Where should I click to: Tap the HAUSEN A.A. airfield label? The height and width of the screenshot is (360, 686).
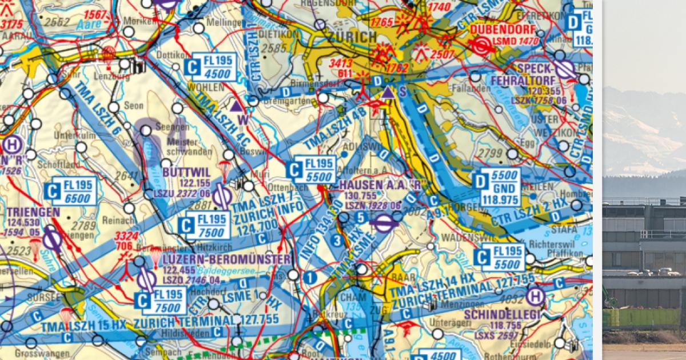(x=380, y=185)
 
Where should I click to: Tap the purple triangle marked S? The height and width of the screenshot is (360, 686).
(x=388, y=92)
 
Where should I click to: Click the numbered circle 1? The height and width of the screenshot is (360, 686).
(x=310, y=278)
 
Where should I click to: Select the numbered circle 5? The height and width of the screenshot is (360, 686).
(x=361, y=217)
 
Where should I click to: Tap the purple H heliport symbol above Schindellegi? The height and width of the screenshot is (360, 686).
(x=535, y=295)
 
